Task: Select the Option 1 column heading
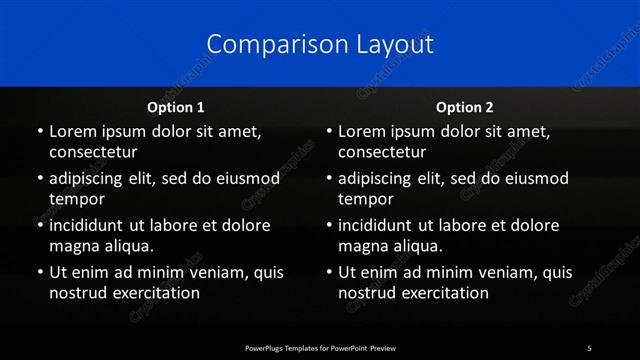coord(176,107)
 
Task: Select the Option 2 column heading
coord(465,107)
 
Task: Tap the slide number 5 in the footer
coord(589,348)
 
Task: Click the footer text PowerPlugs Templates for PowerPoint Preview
coord(320,348)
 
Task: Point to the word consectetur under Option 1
coord(93,153)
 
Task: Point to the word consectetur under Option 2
coord(382,153)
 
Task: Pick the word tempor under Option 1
coord(77,199)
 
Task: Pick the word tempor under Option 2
coord(366,199)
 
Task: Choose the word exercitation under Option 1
coord(153,293)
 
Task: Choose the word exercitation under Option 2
coord(442,293)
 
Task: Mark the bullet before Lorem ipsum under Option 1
coord(39,132)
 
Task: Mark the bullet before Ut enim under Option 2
coord(328,272)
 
